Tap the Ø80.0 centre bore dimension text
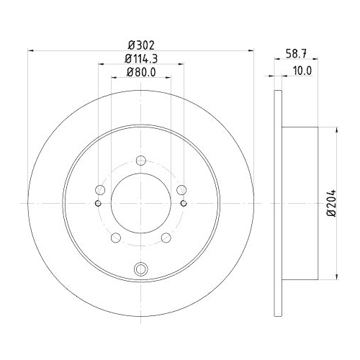pos(140,71)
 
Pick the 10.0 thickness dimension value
pos(302,71)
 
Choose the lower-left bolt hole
pos(115,238)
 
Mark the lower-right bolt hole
pos(166,238)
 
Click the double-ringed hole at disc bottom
pos(141,270)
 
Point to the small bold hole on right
pos(184,202)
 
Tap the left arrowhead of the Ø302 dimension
pos(30,50)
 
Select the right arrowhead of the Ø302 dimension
pos(252,50)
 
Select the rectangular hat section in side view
pos(301,204)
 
